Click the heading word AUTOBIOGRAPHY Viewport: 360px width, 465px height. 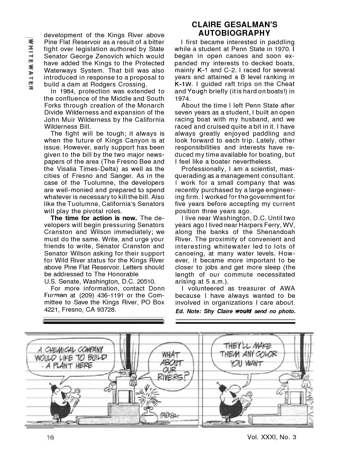click(234, 33)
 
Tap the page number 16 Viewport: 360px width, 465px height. click(50, 437)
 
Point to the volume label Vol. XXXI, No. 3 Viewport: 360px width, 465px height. click(272, 437)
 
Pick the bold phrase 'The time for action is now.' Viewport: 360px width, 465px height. click(94, 218)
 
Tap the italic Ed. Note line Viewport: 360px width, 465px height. click(235, 311)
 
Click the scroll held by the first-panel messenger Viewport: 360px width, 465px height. click(77, 396)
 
